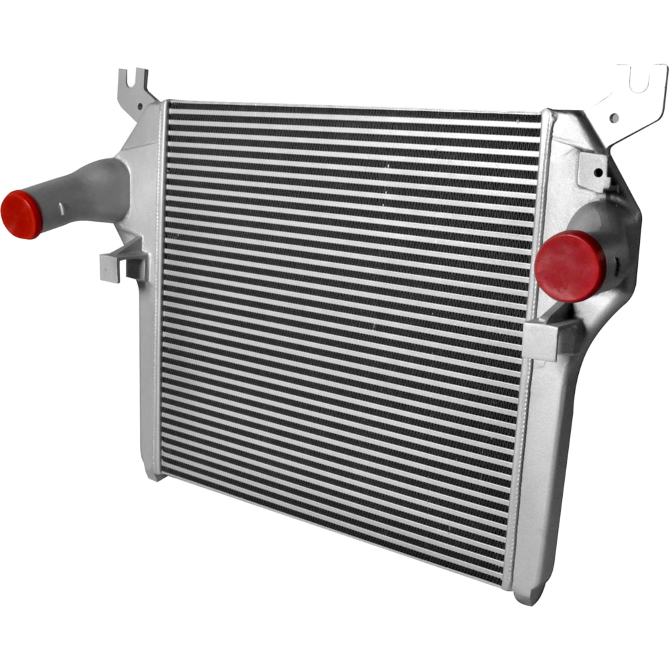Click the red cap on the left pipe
21,214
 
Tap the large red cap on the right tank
570,266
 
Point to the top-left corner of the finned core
169,104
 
